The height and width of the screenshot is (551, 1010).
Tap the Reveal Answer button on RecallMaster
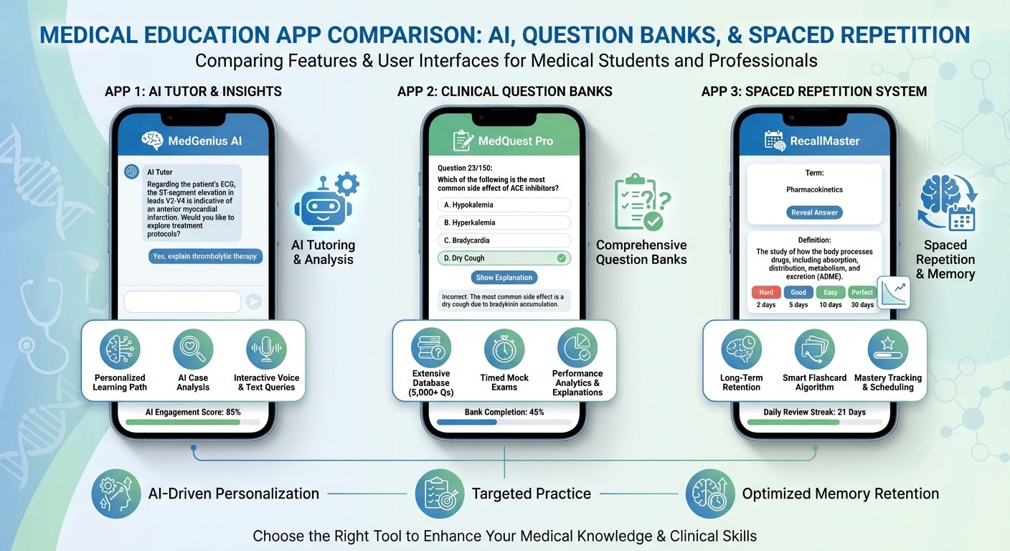(814, 212)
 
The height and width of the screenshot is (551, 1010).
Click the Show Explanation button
(504, 277)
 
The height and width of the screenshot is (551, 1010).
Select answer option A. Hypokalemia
(504, 205)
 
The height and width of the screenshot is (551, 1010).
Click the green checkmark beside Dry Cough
(561, 258)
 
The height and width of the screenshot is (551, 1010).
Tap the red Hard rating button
(765, 292)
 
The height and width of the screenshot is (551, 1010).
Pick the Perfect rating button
(862, 292)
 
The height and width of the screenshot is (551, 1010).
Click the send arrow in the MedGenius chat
(253, 301)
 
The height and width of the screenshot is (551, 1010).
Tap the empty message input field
(182, 301)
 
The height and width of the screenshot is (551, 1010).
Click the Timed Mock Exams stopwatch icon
(504, 349)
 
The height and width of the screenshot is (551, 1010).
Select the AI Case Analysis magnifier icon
(193, 349)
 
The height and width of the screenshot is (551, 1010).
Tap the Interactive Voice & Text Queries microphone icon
(266, 349)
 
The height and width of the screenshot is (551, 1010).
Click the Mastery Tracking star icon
(887, 349)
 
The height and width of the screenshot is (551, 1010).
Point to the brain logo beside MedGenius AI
(152, 141)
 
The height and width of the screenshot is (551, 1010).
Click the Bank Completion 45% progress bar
(504, 422)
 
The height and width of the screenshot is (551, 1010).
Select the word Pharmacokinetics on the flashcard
(814, 189)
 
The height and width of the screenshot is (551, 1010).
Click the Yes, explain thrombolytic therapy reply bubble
(205, 256)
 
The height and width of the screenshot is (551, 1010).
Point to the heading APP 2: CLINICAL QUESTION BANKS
(504, 91)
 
